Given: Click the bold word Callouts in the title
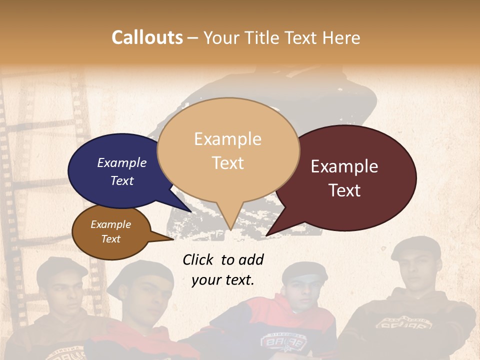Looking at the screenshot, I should coord(147,37).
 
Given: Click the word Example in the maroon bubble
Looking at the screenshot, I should coord(344,166).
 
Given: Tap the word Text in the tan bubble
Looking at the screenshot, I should coord(228,163).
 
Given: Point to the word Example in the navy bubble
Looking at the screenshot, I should coord(122,162).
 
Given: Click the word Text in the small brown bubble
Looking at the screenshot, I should coord(111,239).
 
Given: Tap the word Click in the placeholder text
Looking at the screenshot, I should coord(199,259).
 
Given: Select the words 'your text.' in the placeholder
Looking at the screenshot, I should coord(223,280).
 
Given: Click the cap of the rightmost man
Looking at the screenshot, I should coord(416,248).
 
